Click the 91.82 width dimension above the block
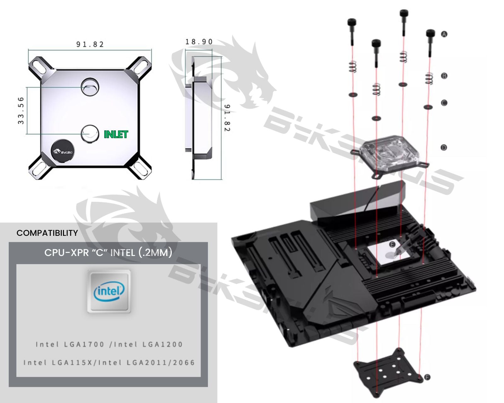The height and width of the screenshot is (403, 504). click(90, 44)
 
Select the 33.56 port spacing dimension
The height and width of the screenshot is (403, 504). click(21, 111)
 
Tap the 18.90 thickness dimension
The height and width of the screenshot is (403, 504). click(199, 42)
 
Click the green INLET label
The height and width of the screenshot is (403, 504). click(116, 134)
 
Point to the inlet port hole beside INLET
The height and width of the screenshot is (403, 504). click(90, 133)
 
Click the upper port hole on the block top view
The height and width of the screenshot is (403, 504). click(90, 87)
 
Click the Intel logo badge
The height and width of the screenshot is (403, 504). click(109, 292)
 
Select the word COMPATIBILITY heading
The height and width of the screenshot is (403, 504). click(47, 233)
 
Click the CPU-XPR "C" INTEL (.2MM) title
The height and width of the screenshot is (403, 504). click(108, 253)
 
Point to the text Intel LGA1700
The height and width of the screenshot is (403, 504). click(70, 344)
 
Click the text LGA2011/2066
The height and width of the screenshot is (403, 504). click(161, 363)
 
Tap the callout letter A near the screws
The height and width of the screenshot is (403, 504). click(444, 34)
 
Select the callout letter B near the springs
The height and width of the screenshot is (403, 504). click(444, 76)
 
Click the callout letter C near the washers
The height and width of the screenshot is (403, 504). click(444, 103)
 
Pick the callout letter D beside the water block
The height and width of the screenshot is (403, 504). click(444, 147)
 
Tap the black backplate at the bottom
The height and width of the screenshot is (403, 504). click(387, 372)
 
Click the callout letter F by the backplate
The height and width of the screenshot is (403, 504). click(427, 377)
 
